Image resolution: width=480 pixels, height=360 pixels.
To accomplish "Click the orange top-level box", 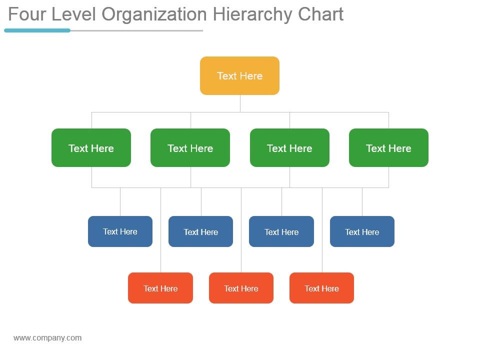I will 239,75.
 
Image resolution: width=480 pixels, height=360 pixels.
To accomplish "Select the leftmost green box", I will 91,148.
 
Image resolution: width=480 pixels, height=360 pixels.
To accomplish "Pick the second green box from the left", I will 190,148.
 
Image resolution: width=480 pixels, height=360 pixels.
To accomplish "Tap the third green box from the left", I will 289,148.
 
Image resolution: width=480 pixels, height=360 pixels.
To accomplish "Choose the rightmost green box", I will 388,148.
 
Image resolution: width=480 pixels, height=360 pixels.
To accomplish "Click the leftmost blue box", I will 120,231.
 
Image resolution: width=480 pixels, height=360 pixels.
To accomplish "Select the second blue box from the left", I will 200,231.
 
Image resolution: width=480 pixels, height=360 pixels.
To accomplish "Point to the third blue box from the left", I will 281,231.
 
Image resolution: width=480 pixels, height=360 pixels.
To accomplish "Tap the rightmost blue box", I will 362,231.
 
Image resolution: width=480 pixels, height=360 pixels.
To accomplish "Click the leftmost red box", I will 160,288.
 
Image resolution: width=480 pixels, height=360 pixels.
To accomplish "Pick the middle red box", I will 241,288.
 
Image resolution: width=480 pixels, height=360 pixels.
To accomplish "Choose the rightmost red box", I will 321,288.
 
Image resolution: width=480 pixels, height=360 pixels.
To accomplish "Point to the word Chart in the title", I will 320,14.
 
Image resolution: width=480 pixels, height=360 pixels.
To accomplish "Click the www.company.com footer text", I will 47,338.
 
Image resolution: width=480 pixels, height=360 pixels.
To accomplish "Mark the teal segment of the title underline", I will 37,30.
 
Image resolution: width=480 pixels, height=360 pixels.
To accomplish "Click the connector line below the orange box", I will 240,103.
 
